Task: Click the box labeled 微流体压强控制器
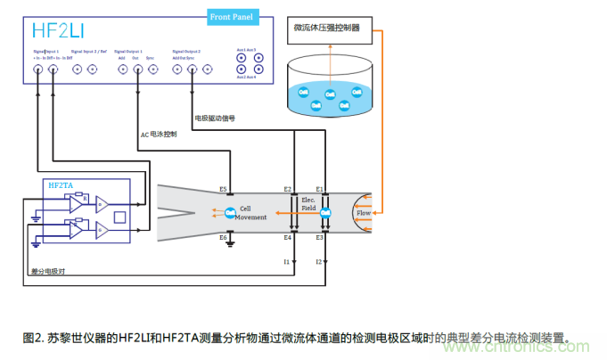[327, 28]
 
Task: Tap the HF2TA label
[60, 184]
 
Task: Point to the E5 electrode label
[223, 189]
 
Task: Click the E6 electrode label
[223, 236]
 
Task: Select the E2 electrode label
[287, 189]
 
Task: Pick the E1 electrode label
[319, 189]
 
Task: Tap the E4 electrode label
[287, 237]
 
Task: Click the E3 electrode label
[319, 237]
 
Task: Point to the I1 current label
[287, 262]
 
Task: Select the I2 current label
[319, 262]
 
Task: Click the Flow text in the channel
[363, 213]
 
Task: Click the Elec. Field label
[308, 204]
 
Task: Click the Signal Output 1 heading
[138, 52]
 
